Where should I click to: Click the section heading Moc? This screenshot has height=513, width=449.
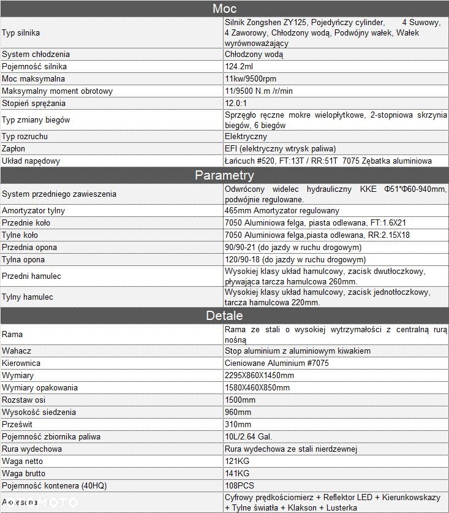[x=224, y=9]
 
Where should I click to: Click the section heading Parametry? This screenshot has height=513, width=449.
[x=224, y=175]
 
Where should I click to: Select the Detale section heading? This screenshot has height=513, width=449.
[x=224, y=316]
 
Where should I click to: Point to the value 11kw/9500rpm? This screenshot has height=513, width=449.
[x=251, y=78]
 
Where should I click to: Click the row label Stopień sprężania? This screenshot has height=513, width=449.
[x=34, y=103]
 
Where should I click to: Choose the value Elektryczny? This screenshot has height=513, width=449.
[x=246, y=136]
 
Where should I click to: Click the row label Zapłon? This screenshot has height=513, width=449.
[x=13, y=148]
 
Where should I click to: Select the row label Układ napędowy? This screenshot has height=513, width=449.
[x=31, y=161]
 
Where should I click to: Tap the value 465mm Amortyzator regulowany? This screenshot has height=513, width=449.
[x=282, y=210]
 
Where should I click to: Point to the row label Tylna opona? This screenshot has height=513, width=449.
[x=23, y=259]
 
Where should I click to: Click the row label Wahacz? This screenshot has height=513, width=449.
[x=17, y=351]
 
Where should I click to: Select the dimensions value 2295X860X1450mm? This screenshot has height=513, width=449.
[x=259, y=375]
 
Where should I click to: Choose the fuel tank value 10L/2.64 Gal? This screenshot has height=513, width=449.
[x=249, y=436]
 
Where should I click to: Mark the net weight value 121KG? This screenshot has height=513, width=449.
[x=237, y=461]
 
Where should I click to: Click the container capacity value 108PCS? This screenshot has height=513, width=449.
[x=240, y=485]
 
